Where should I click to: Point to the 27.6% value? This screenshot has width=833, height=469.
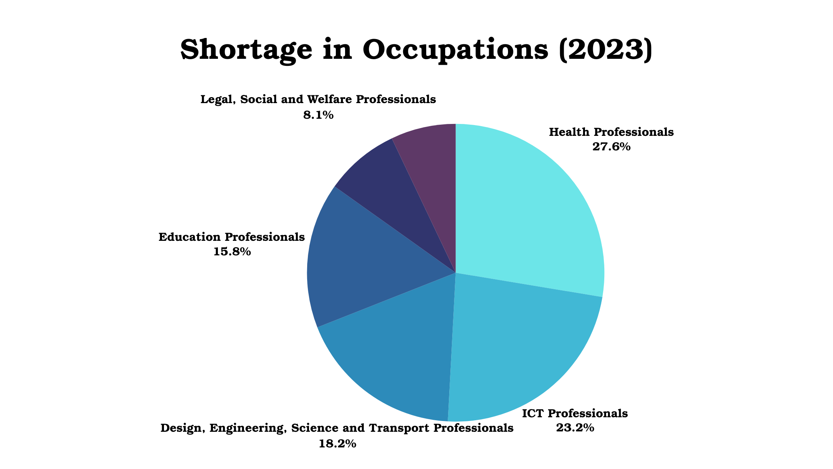coord(611,147)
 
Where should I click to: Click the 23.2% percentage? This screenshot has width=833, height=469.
coord(575,428)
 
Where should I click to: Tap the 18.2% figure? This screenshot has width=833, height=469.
coord(337,444)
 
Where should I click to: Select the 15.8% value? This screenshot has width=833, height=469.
coord(232,252)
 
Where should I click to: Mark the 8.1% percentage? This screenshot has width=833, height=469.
coord(318,115)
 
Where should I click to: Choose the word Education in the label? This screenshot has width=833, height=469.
coord(190,237)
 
